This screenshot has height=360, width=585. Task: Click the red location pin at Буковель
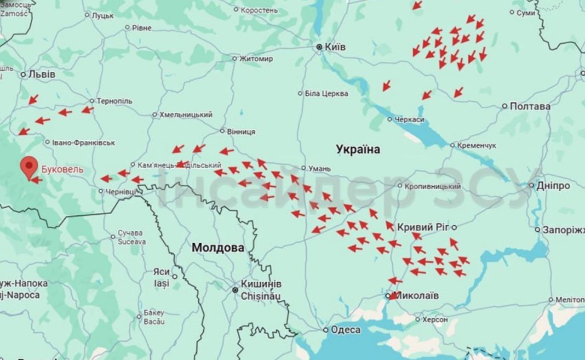tap(28, 165)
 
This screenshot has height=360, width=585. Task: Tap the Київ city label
tap(335, 47)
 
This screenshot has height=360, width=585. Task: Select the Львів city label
tap(42, 74)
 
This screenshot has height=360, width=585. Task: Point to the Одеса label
tap(346, 329)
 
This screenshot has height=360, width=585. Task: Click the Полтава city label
tap(530, 106)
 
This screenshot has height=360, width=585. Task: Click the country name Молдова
tap(217, 248)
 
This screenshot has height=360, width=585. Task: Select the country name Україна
tap(358, 149)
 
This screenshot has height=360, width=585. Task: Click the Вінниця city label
tap(240, 132)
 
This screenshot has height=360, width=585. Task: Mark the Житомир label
tap(256, 59)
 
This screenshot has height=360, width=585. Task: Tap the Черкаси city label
tap(409, 119)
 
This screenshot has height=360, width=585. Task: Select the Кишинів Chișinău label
tap(261, 289)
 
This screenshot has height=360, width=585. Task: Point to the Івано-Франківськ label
tap(83, 142)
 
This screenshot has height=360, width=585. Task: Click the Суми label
tap(526, 12)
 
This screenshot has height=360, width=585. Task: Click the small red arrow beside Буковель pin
tap(37, 179)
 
